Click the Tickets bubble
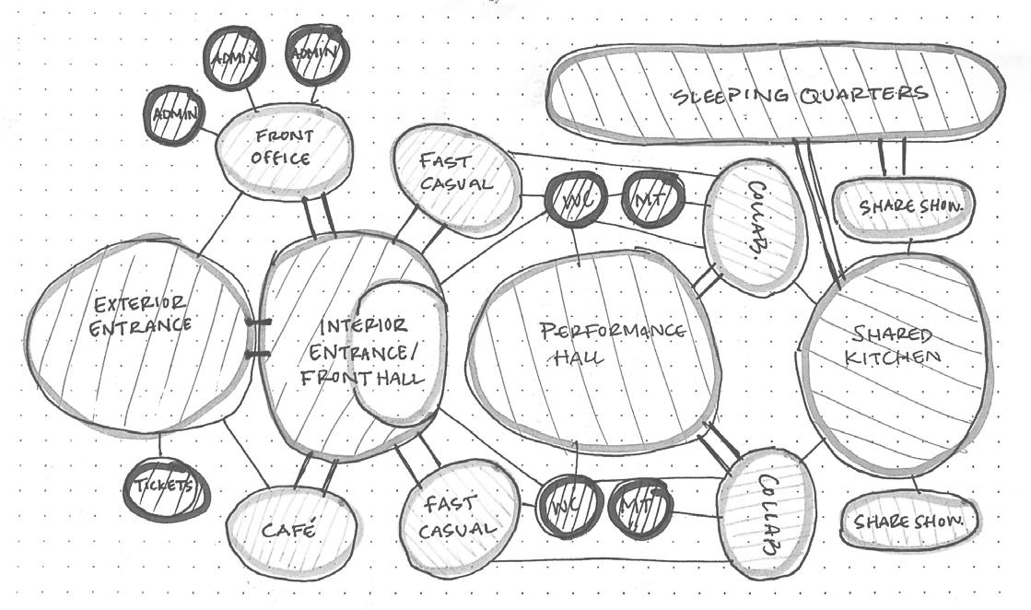167,486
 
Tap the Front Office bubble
283,149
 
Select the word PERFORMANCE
612,331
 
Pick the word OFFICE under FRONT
280,158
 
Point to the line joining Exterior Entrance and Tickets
159,444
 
